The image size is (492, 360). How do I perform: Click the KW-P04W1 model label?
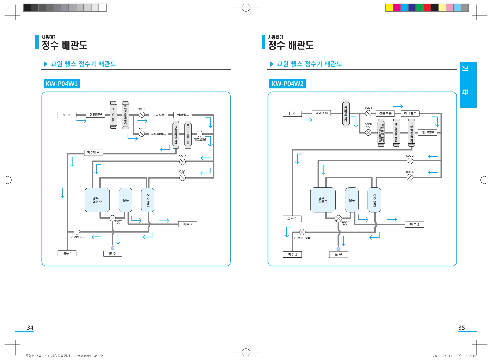[x=61, y=84]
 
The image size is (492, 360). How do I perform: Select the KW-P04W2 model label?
[x=287, y=84]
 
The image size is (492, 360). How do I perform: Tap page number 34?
[x=30, y=328]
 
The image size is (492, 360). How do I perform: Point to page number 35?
[x=461, y=328]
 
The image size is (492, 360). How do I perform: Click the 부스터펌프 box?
[x=158, y=134]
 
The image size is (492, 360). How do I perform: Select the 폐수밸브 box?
[x=93, y=152]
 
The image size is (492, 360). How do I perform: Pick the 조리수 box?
[x=292, y=219]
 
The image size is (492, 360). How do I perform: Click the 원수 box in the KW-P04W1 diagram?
[x=67, y=115]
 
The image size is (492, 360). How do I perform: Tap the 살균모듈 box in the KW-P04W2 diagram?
[x=385, y=113]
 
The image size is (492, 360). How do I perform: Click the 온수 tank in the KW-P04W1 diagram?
[x=126, y=200]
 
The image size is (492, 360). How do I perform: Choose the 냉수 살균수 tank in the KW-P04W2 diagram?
[x=323, y=200]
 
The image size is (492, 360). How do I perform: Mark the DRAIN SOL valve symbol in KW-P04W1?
[x=77, y=231]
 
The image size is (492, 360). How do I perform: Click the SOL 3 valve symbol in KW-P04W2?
[x=409, y=177]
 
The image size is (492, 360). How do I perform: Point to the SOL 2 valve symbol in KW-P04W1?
[x=142, y=134]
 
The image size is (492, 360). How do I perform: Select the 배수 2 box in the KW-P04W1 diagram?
[x=188, y=224]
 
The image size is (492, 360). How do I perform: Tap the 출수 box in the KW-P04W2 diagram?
[x=338, y=254]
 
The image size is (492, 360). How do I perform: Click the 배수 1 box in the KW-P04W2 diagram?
[x=292, y=254]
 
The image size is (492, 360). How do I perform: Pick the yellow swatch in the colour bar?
[x=389, y=8]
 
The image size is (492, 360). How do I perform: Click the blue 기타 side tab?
[x=468, y=85]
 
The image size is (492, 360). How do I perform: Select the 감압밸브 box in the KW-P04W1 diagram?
[x=96, y=115]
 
